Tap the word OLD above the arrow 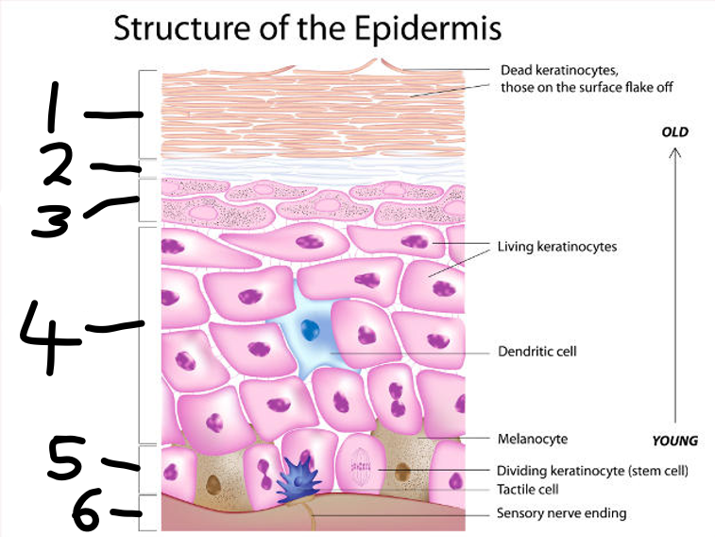pyautogui.click(x=674, y=131)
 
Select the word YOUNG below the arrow pyautogui.click(x=674, y=441)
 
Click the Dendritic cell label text pyautogui.click(x=536, y=352)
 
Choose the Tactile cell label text pyautogui.click(x=527, y=490)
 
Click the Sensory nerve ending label pyautogui.click(x=561, y=514)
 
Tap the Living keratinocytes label pyautogui.click(x=556, y=247)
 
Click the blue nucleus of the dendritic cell pyautogui.click(x=309, y=330)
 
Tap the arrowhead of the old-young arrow pyautogui.click(x=674, y=153)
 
